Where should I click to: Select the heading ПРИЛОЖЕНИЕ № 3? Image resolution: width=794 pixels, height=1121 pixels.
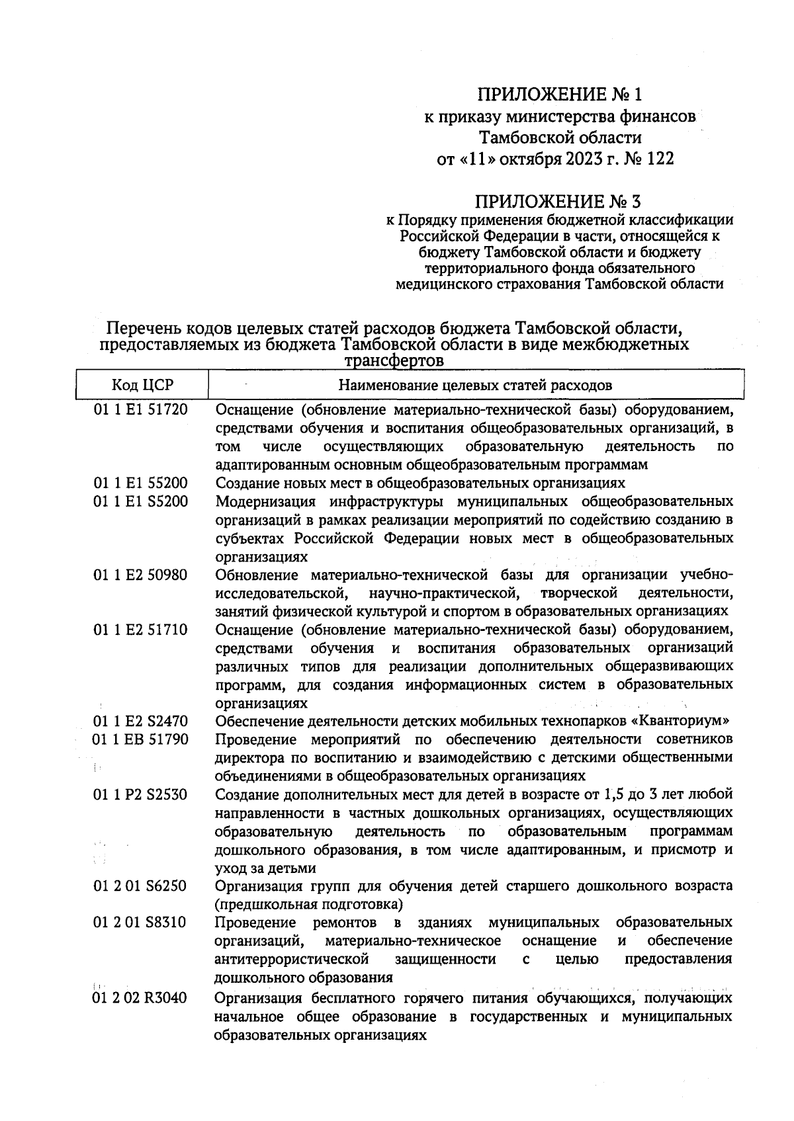coord(560,200)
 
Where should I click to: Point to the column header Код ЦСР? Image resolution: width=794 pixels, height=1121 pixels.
coord(142,385)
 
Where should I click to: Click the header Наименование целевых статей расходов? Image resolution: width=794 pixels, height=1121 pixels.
coord(475,385)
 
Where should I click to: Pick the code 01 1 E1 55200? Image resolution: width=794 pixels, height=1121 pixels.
coord(140,483)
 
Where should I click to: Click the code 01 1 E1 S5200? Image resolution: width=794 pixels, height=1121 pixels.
coord(140,501)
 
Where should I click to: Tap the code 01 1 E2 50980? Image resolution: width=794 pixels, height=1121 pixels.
coord(140,575)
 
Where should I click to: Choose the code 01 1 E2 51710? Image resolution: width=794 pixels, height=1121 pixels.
coord(140,630)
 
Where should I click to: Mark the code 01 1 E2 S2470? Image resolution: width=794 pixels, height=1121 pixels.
coord(140,721)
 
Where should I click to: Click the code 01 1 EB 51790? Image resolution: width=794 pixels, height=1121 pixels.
coord(140,739)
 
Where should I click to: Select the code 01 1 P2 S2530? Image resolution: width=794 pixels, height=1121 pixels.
coord(140,794)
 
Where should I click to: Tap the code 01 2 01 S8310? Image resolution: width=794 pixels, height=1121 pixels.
coord(140,922)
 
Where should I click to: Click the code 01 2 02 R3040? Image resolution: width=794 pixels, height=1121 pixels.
coord(140,997)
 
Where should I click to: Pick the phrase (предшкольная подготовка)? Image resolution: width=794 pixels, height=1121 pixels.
coord(310,903)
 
